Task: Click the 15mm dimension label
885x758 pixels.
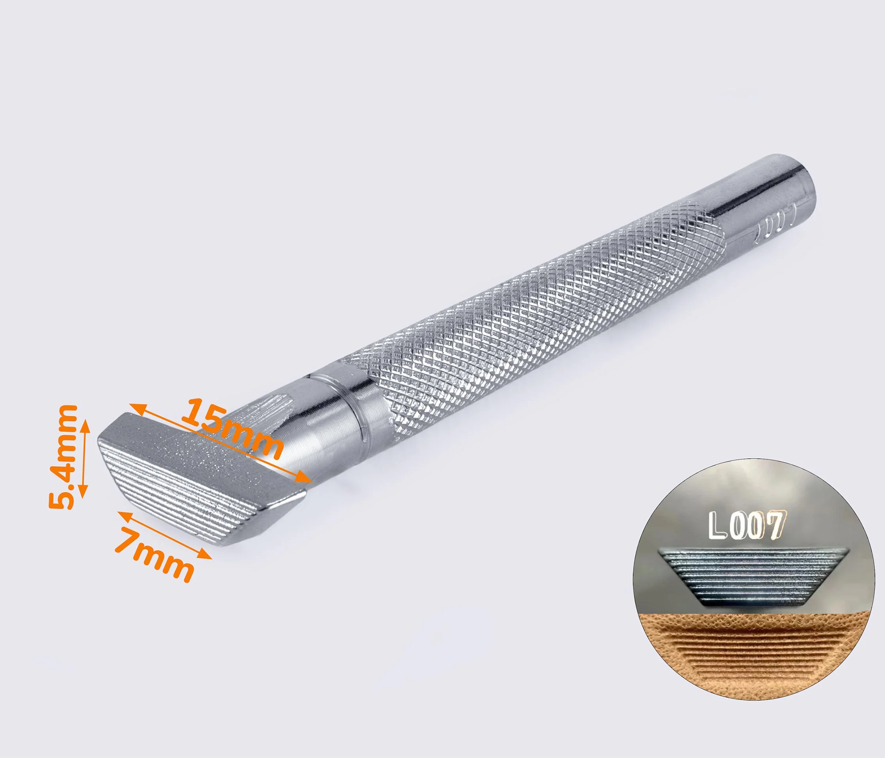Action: [x=232, y=428]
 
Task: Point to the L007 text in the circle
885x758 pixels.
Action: [x=747, y=524]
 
